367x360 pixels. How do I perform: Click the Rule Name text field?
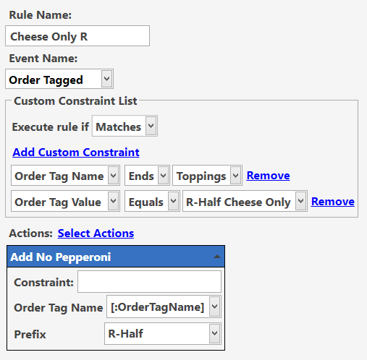(x=77, y=36)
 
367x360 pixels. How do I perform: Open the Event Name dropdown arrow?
(x=106, y=79)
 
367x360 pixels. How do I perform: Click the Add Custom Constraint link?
(x=76, y=153)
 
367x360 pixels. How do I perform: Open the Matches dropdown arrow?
(x=151, y=126)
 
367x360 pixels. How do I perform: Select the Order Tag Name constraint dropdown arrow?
(x=114, y=176)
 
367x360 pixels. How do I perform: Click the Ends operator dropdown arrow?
(x=164, y=176)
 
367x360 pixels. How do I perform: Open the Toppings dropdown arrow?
(x=236, y=176)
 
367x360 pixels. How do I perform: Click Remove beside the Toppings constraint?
(x=268, y=176)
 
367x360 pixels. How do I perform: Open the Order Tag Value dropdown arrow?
(x=114, y=201)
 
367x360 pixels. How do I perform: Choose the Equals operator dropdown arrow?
(x=174, y=201)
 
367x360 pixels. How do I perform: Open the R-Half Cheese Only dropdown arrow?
(x=301, y=201)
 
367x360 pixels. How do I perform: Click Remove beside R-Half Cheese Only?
(x=333, y=202)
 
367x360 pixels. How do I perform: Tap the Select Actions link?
(x=96, y=233)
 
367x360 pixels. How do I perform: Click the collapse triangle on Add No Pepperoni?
(x=217, y=257)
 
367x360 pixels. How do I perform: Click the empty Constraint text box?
(x=149, y=281)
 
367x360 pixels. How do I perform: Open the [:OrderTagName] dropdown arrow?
(x=214, y=307)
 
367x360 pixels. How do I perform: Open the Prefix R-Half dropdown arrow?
(x=214, y=333)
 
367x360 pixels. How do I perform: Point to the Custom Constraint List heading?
(x=75, y=101)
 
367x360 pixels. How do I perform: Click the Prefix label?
(x=30, y=335)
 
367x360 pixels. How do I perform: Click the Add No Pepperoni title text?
(x=61, y=257)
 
